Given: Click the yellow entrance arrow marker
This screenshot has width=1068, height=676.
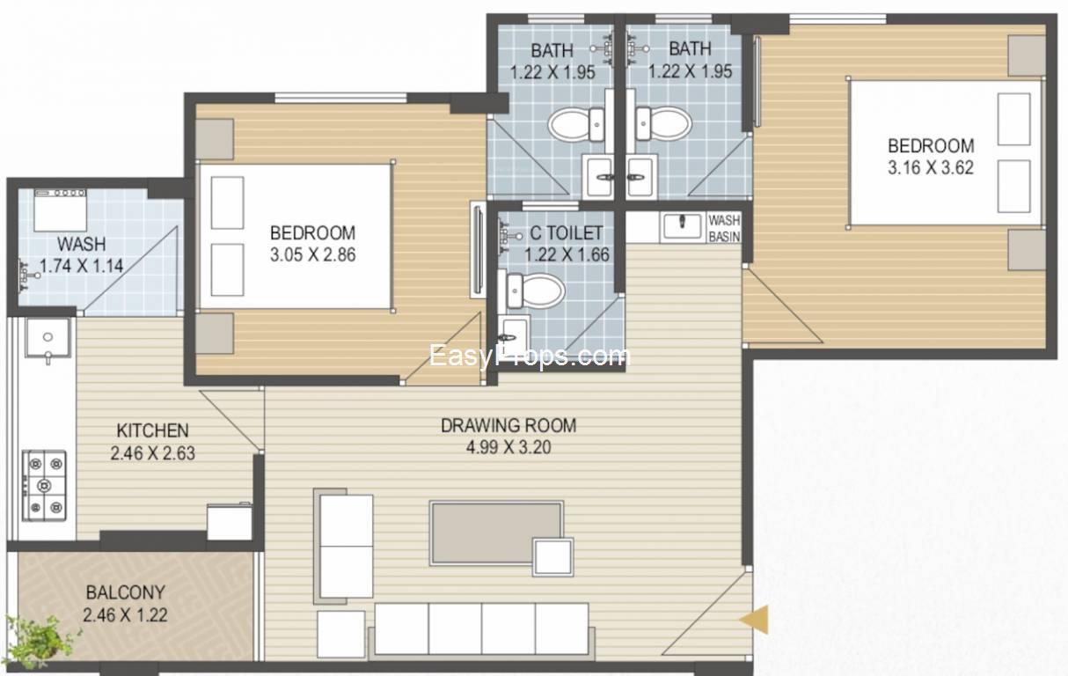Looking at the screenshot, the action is [x=755, y=620].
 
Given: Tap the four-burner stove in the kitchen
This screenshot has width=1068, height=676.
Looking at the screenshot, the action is [x=44, y=486].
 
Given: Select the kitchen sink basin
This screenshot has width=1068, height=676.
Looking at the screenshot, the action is [x=48, y=338].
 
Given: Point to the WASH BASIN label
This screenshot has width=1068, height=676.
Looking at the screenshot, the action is [x=724, y=229].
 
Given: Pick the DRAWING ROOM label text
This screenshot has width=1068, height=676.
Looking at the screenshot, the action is [x=508, y=425].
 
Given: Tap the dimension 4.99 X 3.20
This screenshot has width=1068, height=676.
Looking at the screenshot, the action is [x=508, y=447].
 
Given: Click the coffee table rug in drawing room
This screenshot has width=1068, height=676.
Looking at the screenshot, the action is [x=496, y=533].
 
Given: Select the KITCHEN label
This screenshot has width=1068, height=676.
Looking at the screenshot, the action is [x=152, y=430].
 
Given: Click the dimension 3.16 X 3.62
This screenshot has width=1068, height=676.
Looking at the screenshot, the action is [x=931, y=168].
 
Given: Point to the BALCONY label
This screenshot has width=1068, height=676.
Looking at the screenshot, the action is [x=126, y=592].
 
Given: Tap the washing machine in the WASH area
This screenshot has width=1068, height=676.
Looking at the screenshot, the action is [x=60, y=210].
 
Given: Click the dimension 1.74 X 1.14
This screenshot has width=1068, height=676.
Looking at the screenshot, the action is [x=81, y=266].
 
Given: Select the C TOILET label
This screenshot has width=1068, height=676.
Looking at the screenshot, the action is [x=567, y=233].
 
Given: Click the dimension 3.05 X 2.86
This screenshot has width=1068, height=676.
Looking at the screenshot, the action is [x=313, y=254].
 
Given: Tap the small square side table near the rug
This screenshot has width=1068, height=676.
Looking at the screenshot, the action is [x=553, y=557].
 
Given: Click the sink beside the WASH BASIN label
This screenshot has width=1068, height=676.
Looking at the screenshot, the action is [x=682, y=225].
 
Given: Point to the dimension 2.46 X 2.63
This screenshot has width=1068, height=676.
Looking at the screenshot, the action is [x=152, y=452].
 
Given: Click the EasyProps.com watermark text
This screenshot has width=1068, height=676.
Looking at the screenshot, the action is [x=530, y=356].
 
